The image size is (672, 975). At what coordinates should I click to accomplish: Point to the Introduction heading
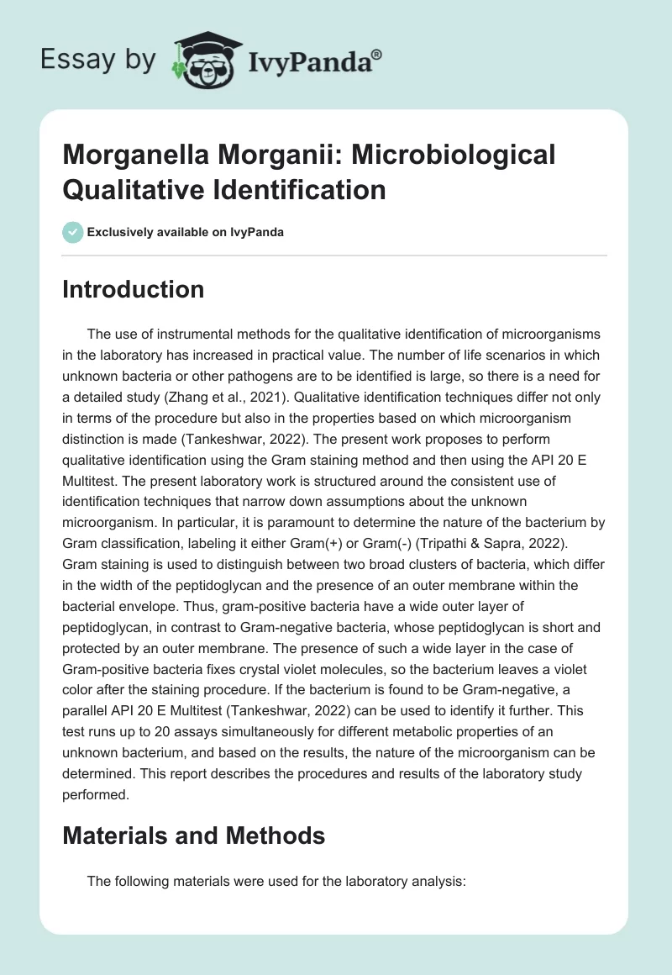tap(134, 289)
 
